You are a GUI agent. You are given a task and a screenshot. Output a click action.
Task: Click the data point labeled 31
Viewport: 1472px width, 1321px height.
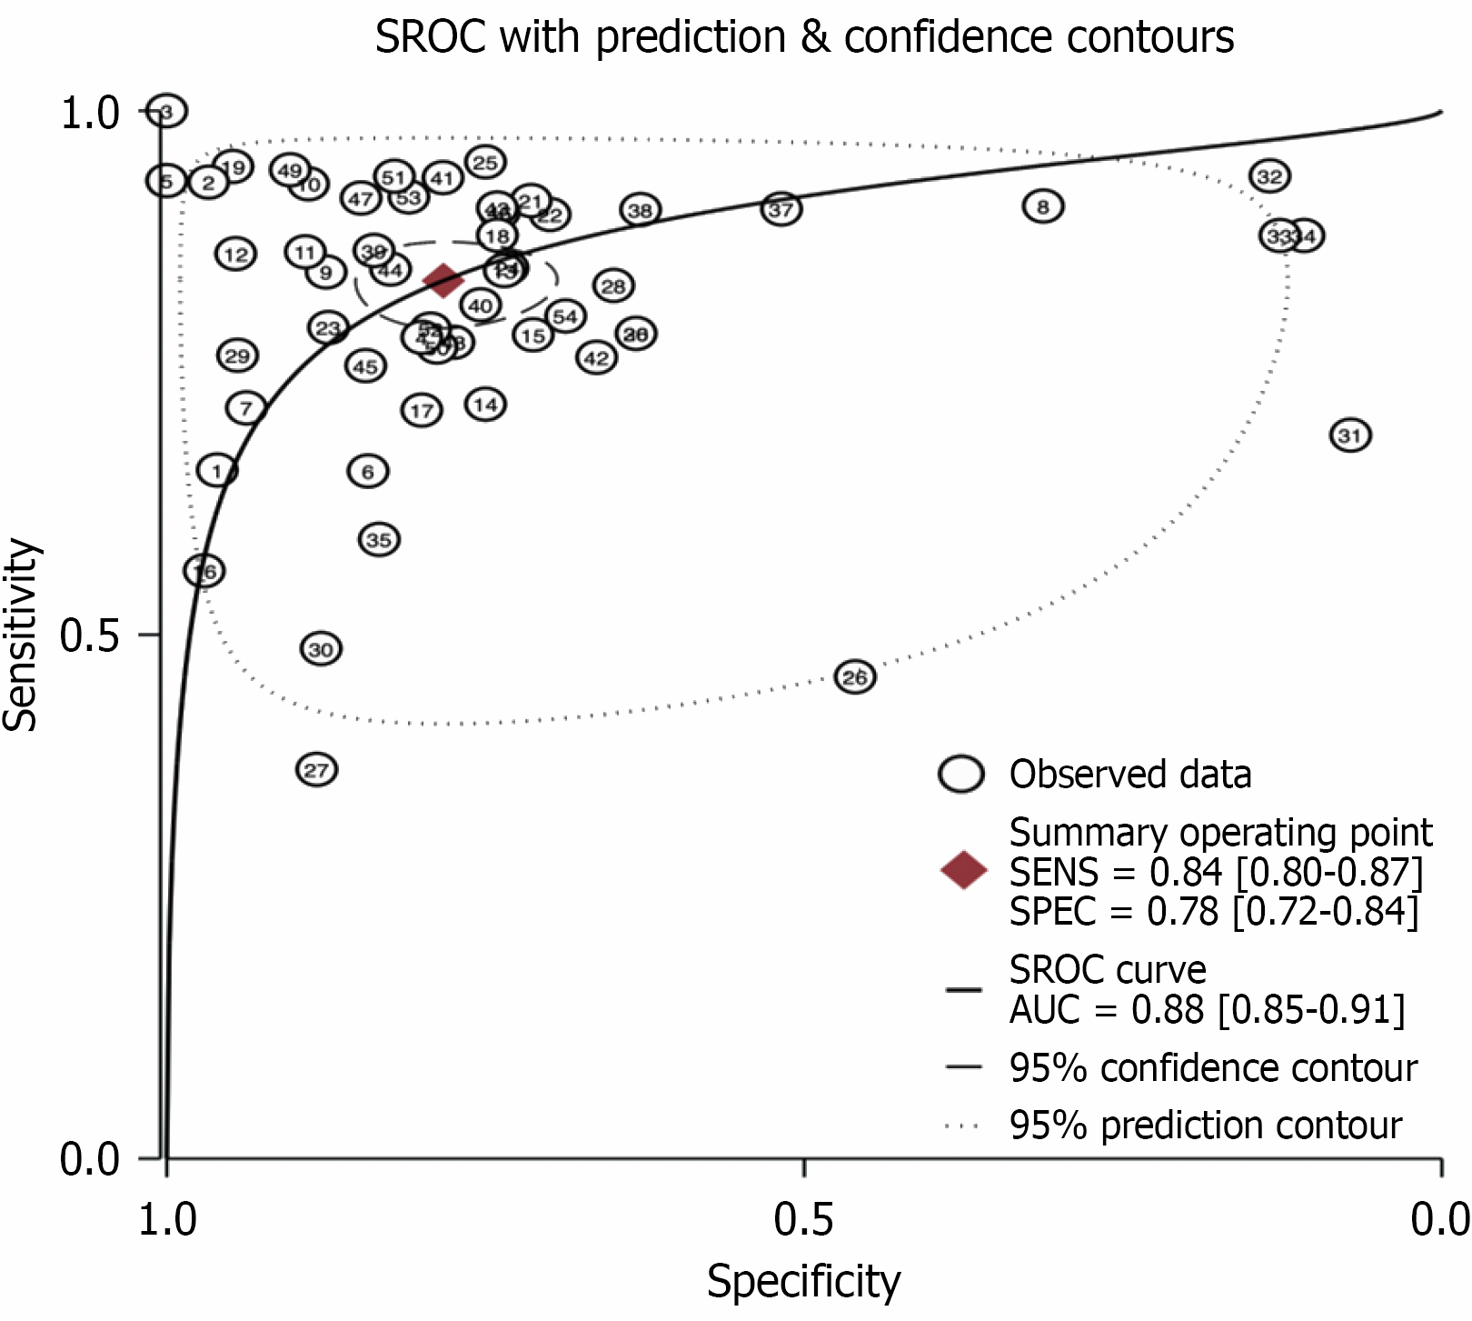pyautogui.click(x=1350, y=435)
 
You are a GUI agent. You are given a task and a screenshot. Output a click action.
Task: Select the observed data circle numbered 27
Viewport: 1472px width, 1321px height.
pyautogui.click(x=316, y=770)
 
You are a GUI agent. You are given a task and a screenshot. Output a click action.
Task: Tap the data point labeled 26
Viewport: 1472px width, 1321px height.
pyautogui.click(x=855, y=677)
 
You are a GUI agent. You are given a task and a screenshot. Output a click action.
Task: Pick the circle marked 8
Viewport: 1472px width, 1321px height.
pyautogui.click(x=1043, y=207)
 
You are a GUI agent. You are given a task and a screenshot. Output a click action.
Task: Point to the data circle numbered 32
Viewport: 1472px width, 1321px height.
pyautogui.click(x=1270, y=176)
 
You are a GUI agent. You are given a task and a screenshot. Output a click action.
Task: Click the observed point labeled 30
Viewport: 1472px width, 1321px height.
pyautogui.click(x=321, y=649)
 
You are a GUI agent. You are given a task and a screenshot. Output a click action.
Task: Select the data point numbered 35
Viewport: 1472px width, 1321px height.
pyautogui.click(x=379, y=540)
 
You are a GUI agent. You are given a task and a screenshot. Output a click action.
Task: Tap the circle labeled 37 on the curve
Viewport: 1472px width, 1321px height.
pyautogui.click(x=781, y=210)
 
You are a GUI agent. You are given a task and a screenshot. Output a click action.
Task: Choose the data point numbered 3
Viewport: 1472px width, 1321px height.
pyautogui.click(x=166, y=111)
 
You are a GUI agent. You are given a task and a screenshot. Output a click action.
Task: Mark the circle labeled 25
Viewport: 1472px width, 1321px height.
pyautogui.click(x=485, y=163)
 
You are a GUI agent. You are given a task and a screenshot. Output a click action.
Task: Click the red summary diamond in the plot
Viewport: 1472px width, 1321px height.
pyautogui.click(x=443, y=280)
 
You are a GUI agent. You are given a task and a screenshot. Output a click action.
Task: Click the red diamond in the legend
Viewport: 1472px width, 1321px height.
pyautogui.click(x=964, y=870)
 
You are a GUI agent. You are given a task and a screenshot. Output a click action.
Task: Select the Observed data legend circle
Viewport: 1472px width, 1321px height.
pyautogui.click(x=961, y=775)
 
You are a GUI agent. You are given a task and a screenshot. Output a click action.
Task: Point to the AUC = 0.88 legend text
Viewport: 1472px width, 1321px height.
pyautogui.click(x=1207, y=1009)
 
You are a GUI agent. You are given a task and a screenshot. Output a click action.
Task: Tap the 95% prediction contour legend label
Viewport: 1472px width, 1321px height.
pyautogui.click(x=1205, y=1126)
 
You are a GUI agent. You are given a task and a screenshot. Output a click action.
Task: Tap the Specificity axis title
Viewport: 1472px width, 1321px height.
pyautogui.click(x=803, y=1282)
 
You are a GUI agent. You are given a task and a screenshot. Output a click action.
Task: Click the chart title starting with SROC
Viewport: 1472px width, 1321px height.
pyautogui.click(x=803, y=37)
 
